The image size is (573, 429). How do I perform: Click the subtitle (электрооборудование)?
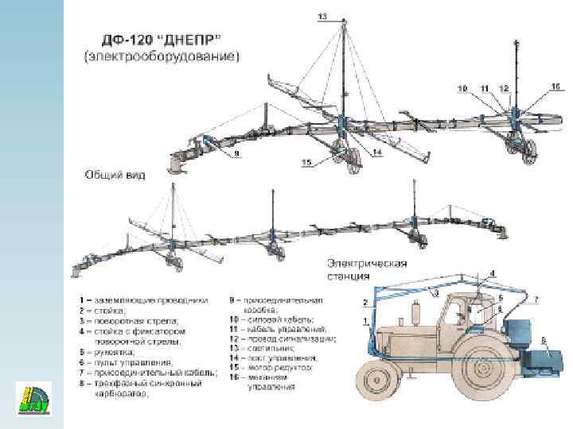(x=162, y=57)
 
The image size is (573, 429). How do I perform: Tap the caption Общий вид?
(x=115, y=173)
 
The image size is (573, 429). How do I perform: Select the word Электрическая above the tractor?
(x=367, y=264)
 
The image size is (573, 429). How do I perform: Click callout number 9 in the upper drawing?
(x=236, y=154)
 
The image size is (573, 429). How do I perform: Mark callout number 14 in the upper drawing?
(x=376, y=151)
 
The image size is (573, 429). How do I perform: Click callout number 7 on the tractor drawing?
(x=536, y=300)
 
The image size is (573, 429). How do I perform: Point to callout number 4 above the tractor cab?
(x=491, y=273)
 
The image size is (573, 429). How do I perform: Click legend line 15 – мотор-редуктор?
(x=271, y=369)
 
